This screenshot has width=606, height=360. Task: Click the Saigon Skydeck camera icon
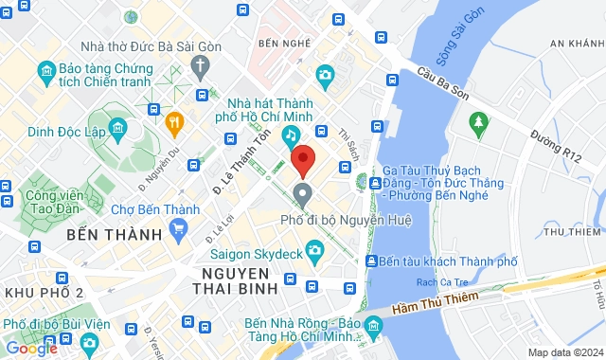pos(314,248)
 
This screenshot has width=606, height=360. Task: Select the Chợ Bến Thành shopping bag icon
pos(178,228)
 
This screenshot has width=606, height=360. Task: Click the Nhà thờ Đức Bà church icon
pos(200,64)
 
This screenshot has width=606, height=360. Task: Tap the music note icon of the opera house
pos(292,135)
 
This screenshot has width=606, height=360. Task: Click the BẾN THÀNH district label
pos(104,232)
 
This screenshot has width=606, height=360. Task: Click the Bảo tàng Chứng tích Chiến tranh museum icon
pos(45,73)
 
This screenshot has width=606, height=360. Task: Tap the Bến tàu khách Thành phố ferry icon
pos(374,261)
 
